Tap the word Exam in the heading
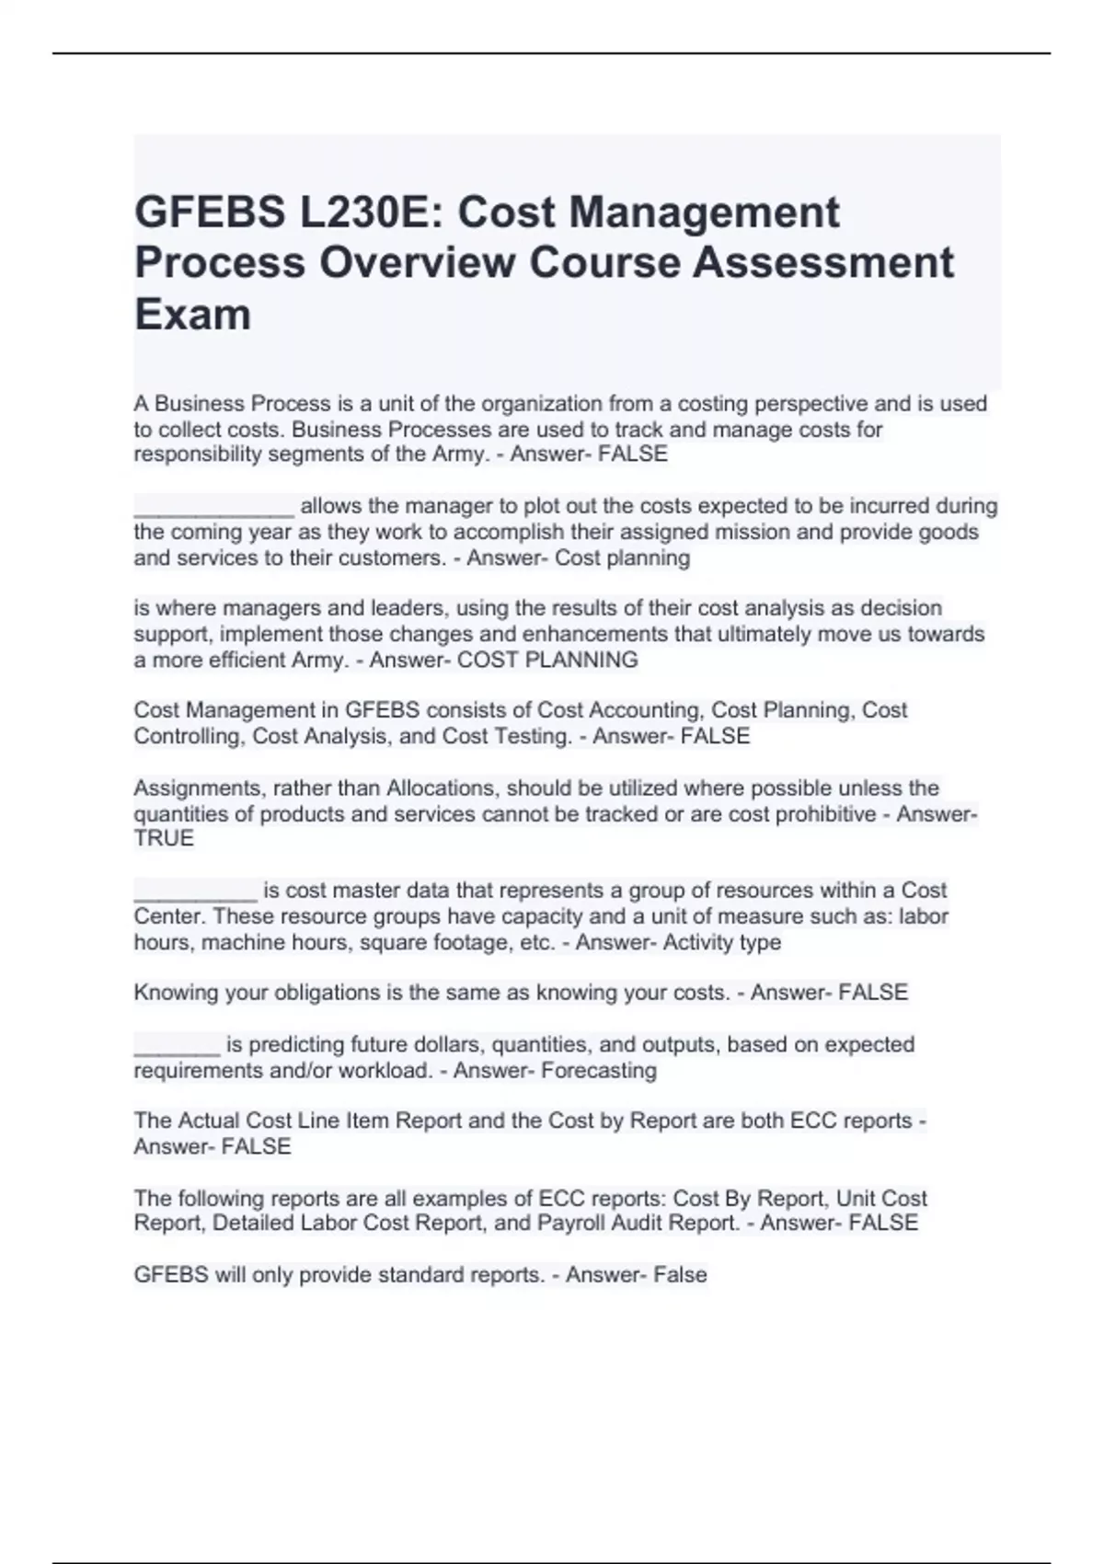click(193, 315)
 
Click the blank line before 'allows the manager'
click(213, 508)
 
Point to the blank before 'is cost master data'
click(195, 892)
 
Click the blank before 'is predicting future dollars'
click(177, 1047)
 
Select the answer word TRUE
click(164, 839)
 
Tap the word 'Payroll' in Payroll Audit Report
click(572, 1224)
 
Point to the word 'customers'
click(397, 558)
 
